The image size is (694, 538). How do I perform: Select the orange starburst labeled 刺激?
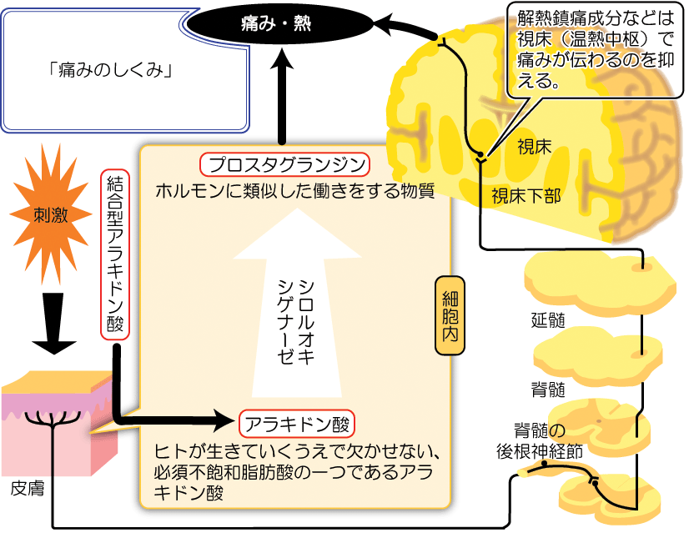click(x=51, y=214)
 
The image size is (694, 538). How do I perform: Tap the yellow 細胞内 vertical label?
click(x=450, y=314)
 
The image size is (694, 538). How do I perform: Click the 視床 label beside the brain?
click(x=534, y=148)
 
